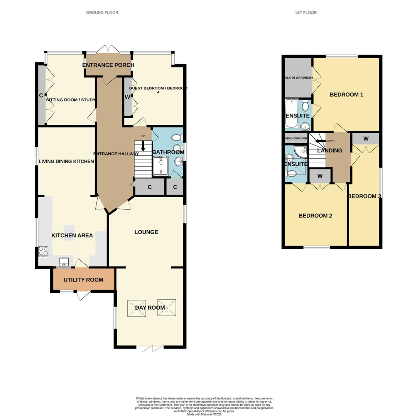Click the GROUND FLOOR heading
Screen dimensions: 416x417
tap(102, 13)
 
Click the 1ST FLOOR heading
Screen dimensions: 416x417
tap(306, 13)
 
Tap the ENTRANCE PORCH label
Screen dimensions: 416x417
tap(108, 65)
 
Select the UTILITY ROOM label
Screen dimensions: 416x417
tap(83, 280)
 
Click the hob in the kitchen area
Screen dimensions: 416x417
tap(43, 251)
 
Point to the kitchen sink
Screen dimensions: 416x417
tap(64, 262)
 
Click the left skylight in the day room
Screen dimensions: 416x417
tap(137, 308)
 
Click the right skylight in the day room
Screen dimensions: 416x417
tap(167, 308)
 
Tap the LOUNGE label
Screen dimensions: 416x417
tap(146, 232)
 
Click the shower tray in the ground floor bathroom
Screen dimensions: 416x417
tap(161, 166)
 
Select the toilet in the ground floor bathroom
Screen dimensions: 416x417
tap(177, 138)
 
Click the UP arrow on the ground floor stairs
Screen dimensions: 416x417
tap(143, 145)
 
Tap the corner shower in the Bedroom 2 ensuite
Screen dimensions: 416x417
tap(301, 151)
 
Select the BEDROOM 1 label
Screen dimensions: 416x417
tap(346, 95)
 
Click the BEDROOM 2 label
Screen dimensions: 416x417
tap(315, 216)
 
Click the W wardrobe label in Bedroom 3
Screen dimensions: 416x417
tap(365, 139)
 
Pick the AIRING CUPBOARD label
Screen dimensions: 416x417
tap(296, 138)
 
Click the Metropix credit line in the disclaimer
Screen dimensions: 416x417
tap(204, 414)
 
